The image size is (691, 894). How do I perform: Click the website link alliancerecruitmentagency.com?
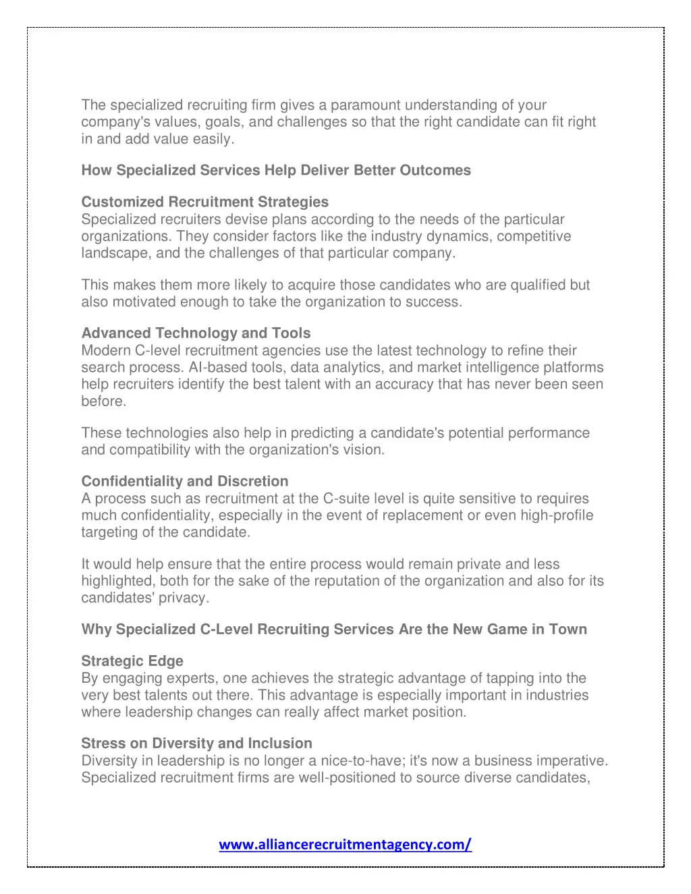tap(345, 844)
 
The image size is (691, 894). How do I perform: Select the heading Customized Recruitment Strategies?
tap(204, 202)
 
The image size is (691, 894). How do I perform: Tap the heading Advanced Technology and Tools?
tap(196, 333)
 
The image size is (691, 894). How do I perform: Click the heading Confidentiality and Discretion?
tap(184, 481)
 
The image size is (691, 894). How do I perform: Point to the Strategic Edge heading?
tap(132, 661)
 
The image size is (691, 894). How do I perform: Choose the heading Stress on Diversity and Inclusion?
tap(196, 744)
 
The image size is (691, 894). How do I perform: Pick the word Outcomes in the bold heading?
tap(435, 170)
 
